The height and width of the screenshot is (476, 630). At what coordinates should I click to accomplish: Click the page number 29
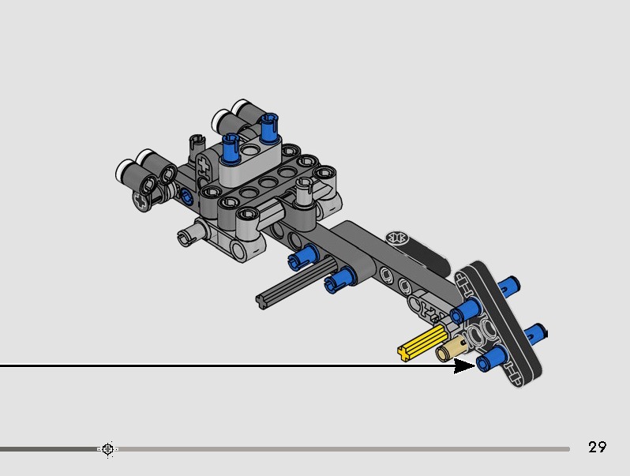click(x=597, y=447)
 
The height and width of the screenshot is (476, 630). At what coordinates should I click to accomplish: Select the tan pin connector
click(x=451, y=350)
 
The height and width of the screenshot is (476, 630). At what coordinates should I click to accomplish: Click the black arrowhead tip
click(x=475, y=365)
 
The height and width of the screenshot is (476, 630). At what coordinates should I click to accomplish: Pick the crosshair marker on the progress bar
click(x=107, y=448)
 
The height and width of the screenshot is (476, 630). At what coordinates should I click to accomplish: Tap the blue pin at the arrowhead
click(x=491, y=358)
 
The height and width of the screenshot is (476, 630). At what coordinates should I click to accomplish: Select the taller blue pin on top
click(x=268, y=128)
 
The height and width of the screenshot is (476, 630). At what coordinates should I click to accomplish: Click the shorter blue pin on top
click(x=231, y=148)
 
